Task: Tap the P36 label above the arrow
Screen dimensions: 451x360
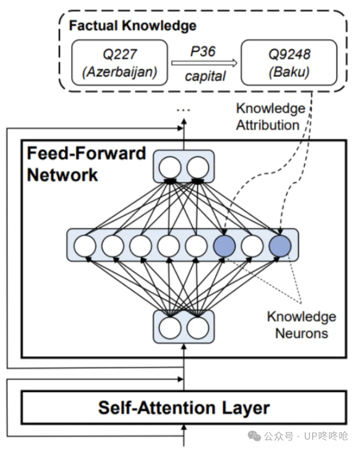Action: pyautogui.click(x=203, y=51)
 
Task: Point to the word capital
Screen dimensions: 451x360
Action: pyautogui.click(x=204, y=76)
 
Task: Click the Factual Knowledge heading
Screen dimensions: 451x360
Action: pyautogui.click(x=132, y=25)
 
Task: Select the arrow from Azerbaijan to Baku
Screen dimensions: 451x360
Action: pyautogui.click(x=203, y=62)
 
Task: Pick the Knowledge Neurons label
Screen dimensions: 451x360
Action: pyautogui.click(x=301, y=325)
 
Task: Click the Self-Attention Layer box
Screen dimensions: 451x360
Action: pyautogui.click(x=184, y=407)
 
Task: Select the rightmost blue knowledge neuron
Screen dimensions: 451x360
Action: pyautogui.click(x=280, y=246)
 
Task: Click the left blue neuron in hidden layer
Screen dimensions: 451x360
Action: pyautogui.click(x=224, y=246)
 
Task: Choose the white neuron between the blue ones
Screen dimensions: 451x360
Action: pyautogui.click(x=252, y=246)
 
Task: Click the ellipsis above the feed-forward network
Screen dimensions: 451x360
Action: pyautogui.click(x=183, y=111)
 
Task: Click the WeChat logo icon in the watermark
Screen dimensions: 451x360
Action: pyautogui.click(x=254, y=435)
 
